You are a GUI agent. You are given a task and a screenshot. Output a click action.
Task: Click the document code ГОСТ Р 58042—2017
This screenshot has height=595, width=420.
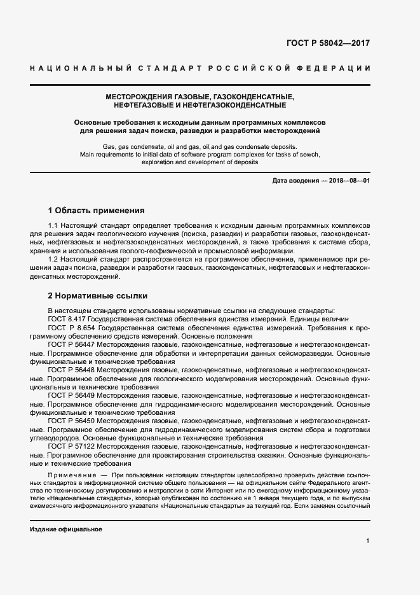(328, 44)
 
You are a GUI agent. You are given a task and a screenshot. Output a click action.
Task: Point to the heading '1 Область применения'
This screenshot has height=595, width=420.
(97, 210)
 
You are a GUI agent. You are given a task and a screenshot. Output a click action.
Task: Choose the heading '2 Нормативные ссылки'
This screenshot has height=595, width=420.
(97, 296)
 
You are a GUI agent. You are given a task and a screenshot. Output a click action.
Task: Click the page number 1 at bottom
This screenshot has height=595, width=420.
(368, 541)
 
